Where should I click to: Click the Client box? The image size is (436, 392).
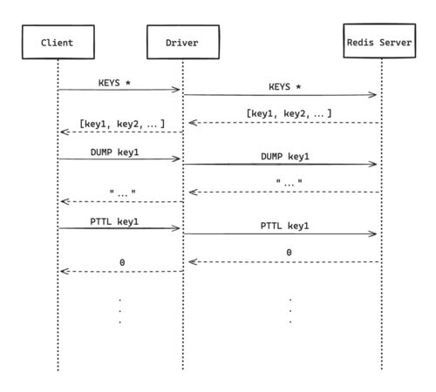click(x=58, y=42)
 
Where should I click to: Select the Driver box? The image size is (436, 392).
click(x=183, y=42)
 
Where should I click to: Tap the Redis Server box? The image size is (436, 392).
click(x=379, y=41)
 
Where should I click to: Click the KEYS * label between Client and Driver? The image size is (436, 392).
click(x=114, y=83)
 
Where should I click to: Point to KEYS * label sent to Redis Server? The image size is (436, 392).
click(x=285, y=87)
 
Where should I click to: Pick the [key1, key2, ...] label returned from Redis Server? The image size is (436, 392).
click(x=289, y=113)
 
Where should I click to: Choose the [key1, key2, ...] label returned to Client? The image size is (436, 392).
click(x=122, y=124)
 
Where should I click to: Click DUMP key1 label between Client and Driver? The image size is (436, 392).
click(x=114, y=152)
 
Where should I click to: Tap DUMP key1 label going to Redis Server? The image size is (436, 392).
click(x=285, y=157)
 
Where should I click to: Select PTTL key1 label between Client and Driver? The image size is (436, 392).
click(x=114, y=221)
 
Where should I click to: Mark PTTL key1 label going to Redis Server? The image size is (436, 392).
click(x=284, y=226)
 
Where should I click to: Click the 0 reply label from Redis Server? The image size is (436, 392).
click(x=289, y=253)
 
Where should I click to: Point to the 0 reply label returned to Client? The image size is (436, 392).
click(x=122, y=262)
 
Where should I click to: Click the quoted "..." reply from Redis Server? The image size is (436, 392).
click(x=289, y=183)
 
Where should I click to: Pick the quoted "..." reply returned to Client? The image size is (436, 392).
click(x=122, y=193)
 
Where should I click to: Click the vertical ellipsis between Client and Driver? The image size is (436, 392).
click(x=120, y=311)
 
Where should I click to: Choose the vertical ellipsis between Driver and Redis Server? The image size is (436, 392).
click(x=290, y=311)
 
